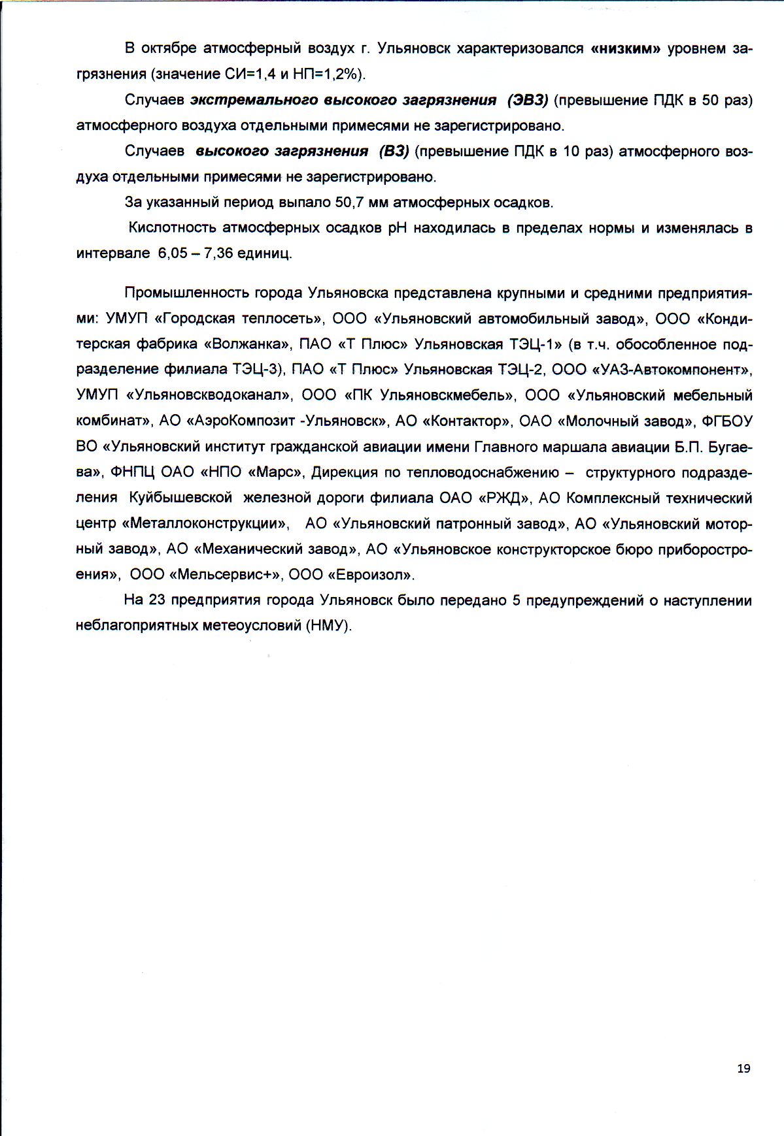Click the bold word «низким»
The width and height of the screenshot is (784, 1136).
626,49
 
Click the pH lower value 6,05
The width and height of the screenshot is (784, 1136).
173,253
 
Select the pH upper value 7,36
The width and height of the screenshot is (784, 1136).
218,253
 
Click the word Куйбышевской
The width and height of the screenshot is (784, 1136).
180,498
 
